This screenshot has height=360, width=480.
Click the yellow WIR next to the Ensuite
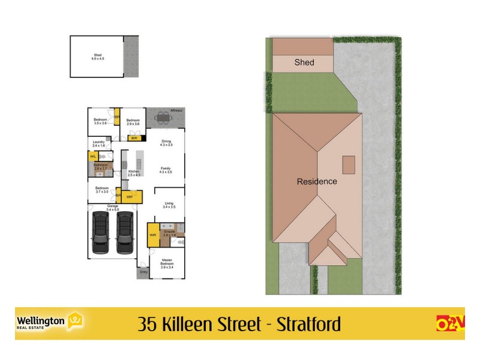pyautogui.click(x=152, y=235)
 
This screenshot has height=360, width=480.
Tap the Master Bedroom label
pyautogui.click(x=167, y=262)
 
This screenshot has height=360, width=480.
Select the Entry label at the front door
pyautogui.click(x=143, y=272)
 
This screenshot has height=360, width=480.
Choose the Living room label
pyautogui.click(x=169, y=205)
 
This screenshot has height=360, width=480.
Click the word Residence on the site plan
pyautogui.click(x=317, y=181)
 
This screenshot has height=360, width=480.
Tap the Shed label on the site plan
pyautogui.click(x=304, y=62)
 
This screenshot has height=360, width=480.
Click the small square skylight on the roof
pyautogui.click(x=348, y=163)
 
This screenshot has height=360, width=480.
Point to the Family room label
pyautogui.click(x=166, y=170)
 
